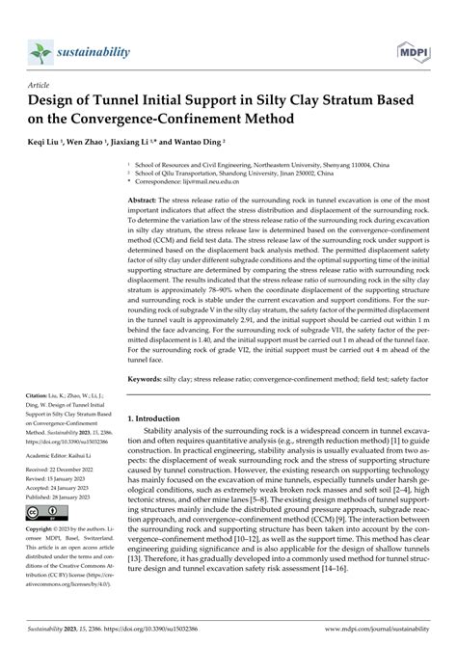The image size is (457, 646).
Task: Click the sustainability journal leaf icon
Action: click(41, 48)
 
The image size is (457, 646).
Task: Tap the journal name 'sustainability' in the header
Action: click(97, 47)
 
